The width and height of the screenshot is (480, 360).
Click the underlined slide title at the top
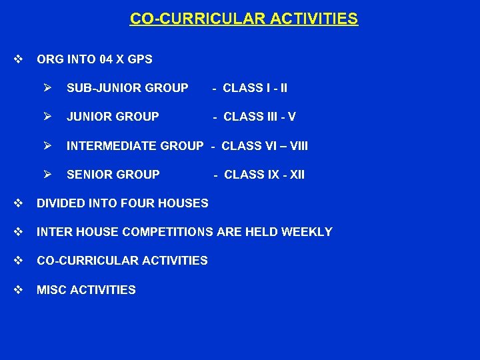(x=243, y=19)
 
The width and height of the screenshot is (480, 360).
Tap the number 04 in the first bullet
(x=105, y=59)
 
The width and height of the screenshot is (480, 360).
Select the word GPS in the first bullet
(x=140, y=59)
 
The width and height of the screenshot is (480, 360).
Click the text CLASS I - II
(x=255, y=88)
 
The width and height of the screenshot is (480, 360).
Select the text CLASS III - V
(x=259, y=117)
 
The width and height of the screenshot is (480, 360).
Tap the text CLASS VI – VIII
(x=264, y=145)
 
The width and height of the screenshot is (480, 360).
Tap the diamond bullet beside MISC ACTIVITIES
(x=18, y=289)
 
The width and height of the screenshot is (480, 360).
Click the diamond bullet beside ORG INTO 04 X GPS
(x=18, y=59)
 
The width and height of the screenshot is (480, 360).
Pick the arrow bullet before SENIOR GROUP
(x=47, y=174)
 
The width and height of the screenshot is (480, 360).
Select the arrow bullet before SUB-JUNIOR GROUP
(x=47, y=87)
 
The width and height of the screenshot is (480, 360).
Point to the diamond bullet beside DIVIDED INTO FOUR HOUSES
(x=18, y=203)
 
